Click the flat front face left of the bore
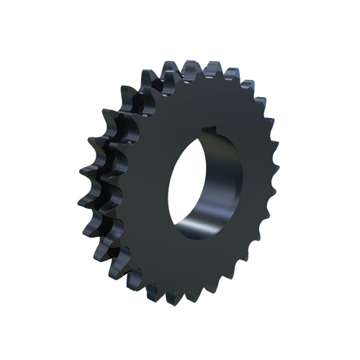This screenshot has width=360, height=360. click(x=144, y=187)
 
